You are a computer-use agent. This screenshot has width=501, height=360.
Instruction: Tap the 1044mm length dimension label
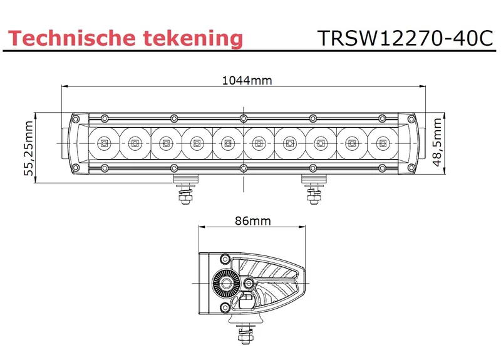click(247, 80)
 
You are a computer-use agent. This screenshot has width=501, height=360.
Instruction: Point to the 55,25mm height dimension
click(29, 148)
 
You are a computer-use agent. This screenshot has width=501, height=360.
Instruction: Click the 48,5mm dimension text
click(437, 142)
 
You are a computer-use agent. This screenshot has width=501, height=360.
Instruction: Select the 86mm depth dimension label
click(253, 221)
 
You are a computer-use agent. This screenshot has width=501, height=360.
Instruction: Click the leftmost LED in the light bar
click(104, 143)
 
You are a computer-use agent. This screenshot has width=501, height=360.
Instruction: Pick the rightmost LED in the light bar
click(383, 143)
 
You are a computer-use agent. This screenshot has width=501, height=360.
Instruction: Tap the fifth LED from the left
click(227, 143)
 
